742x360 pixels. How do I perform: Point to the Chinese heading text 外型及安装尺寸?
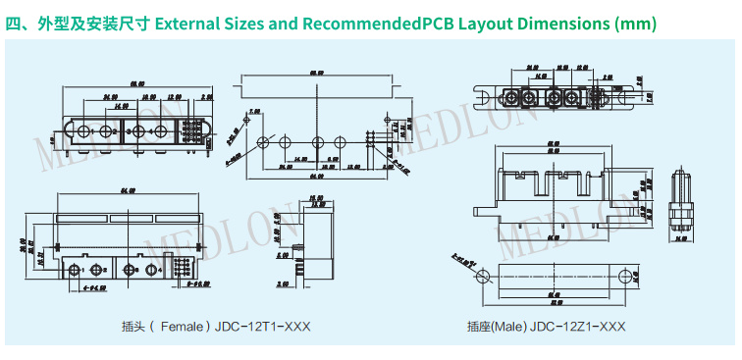tap(92, 22)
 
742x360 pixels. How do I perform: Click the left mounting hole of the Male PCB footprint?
tap(481, 277)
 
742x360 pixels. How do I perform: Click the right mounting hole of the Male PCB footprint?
tap(624, 277)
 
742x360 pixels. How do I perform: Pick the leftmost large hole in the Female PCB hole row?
tap(263, 143)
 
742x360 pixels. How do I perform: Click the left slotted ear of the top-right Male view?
tap(484, 96)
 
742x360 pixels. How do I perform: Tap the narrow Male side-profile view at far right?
tap(680, 208)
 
